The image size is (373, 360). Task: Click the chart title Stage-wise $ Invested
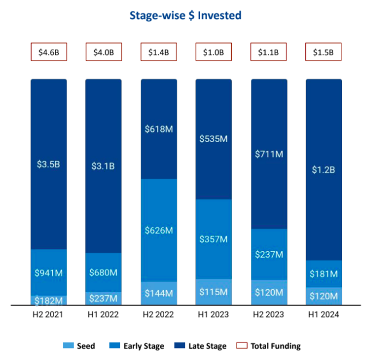pyautogui.click(x=185, y=15)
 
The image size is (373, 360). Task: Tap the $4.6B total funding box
pyautogui.click(x=49, y=52)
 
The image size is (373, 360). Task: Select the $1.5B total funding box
pyautogui.click(x=323, y=52)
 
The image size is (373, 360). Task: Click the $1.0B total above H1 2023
pyautogui.click(x=214, y=52)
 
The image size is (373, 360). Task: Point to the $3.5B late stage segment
pyautogui.click(x=49, y=164)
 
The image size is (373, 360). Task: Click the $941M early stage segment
pyautogui.click(x=49, y=272)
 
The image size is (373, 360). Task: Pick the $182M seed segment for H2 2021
pyautogui.click(x=49, y=300)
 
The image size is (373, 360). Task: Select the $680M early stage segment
pyautogui.click(x=104, y=272)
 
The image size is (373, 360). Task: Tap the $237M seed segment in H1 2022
pyautogui.click(x=104, y=298)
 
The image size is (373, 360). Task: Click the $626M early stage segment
pyautogui.click(x=159, y=230)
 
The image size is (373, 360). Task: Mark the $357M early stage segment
pyautogui.click(x=214, y=239)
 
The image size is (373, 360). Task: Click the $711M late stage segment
pyautogui.click(x=269, y=154)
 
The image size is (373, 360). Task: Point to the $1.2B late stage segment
pyautogui.click(x=323, y=169)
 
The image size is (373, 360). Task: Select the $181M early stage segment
pyautogui.click(x=323, y=273)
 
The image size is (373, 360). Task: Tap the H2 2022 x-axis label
pyautogui.click(x=159, y=315)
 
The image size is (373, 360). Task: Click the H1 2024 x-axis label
pyautogui.click(x=323, y=315)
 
